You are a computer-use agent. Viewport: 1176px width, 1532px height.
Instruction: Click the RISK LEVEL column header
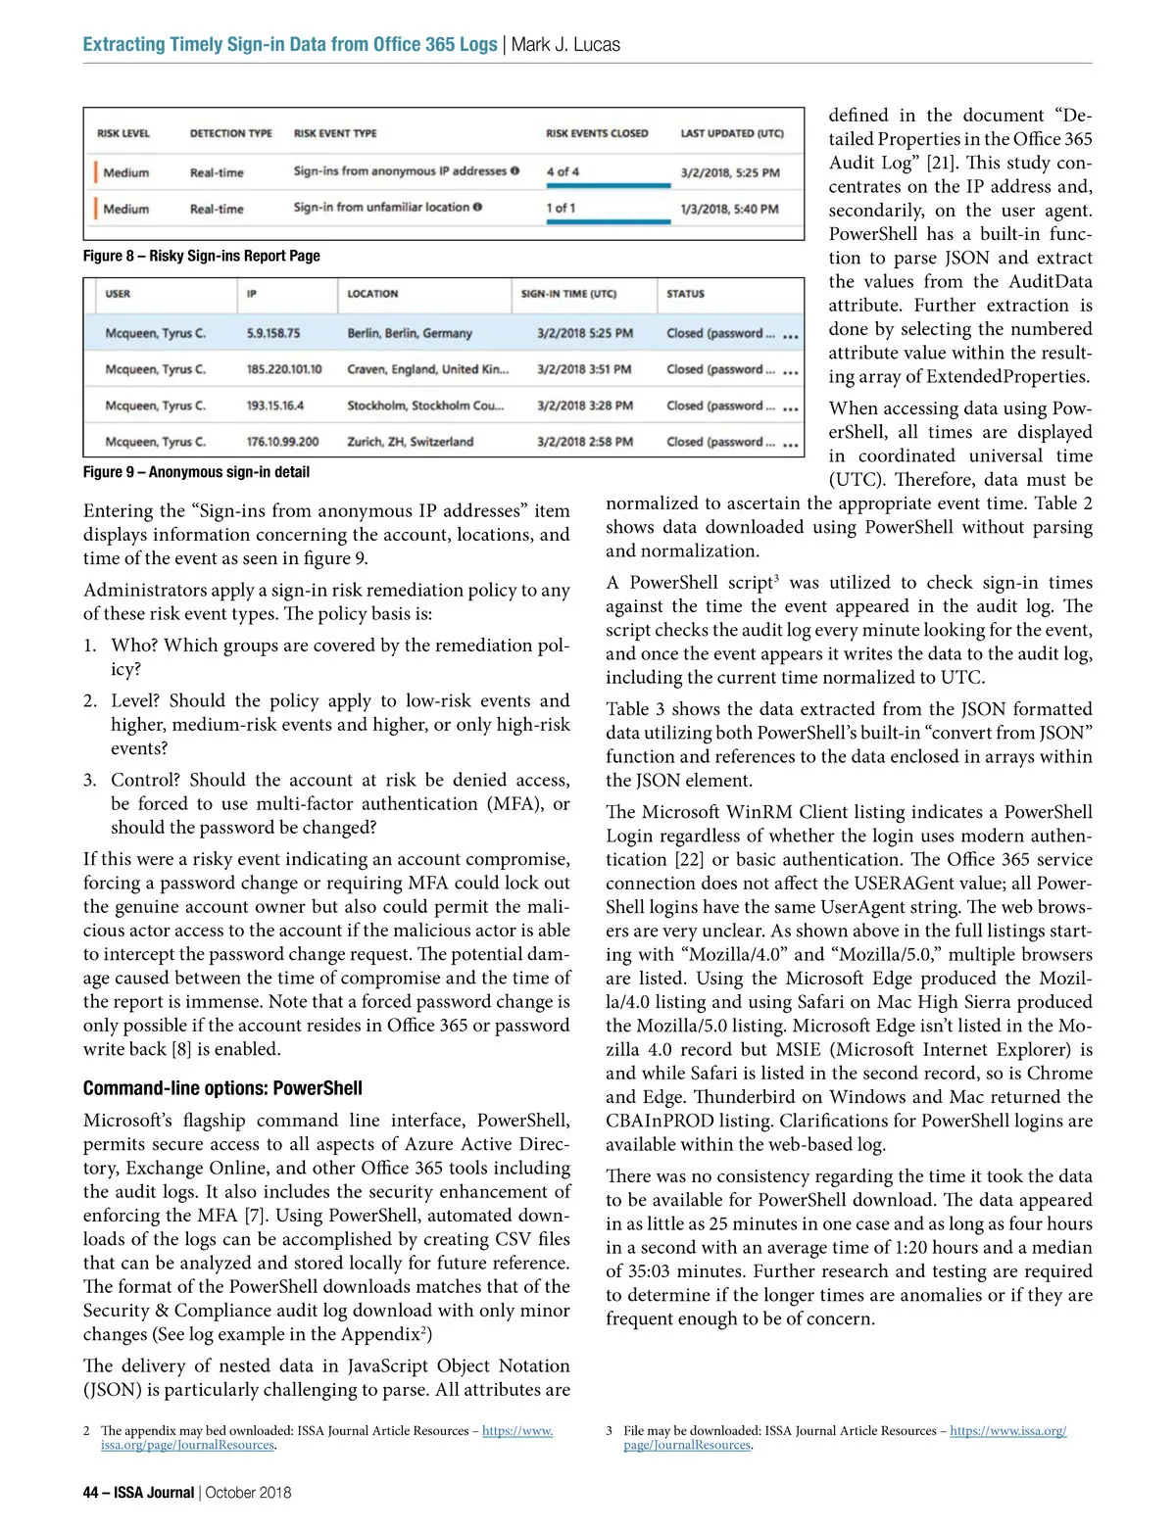pyautogui.click(x=123, y=133)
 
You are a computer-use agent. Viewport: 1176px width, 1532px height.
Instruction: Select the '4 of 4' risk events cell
pyautogui.click(x=563, y=171)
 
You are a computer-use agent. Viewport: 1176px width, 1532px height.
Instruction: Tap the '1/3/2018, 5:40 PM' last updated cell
pyautogui.click(x=729, y=209)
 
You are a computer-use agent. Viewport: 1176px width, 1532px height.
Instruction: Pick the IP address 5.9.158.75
pyautogui.click(x=273, y=333)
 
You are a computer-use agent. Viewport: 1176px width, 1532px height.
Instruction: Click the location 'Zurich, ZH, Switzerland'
pyautogui.click(x=410, y=442)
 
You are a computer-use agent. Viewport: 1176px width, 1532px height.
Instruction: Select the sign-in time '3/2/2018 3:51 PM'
pyautogui.click(x=584, y=369)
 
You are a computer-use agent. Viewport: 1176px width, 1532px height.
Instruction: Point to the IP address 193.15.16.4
pyautogui.click(x=275, y=406)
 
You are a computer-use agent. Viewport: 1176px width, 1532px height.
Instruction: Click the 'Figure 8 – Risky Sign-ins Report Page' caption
pyautogui.click(x=201, y=256)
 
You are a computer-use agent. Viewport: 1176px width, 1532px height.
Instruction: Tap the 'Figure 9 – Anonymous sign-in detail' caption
pyautogui.click(x=196, y=472)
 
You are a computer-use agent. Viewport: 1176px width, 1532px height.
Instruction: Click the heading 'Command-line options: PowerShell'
pyautogui.click(x=222, y=1088)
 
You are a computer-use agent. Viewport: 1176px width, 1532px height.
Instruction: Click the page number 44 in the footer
pyautogui.click(x=90, y=1493)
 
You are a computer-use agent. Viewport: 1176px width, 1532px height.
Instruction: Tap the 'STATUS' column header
pyautogui.click(x=685, y=294)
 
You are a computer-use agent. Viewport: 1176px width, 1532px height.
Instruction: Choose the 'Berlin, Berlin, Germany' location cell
pyautogui.click(x=410, y=333)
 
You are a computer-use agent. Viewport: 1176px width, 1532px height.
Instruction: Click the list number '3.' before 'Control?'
pyautogui.click(x=90, y=780)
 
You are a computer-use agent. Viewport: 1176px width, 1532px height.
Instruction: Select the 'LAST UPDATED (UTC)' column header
pyautogui.click(x=732, y=133)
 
